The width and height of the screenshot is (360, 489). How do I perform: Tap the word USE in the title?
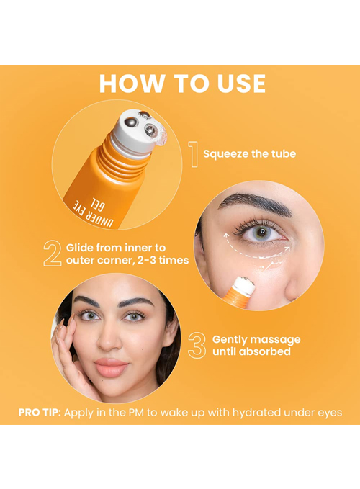tap(241, 84)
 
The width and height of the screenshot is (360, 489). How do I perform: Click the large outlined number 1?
tap(194, 154)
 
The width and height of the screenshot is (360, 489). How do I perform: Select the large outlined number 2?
tap(53, 254)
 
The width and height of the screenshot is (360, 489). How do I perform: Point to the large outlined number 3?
tap(197, 345)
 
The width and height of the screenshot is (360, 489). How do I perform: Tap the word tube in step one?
tap(284, 153)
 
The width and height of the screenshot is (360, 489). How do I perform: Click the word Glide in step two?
tap(80, 248)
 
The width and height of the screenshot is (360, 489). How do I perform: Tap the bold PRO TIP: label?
tap(40, 412)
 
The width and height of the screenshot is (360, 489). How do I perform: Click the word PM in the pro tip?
tap(136, 412)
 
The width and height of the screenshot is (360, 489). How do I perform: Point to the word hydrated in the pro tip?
tap(256, 412)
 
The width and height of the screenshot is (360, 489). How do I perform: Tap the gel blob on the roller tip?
tap(161, 136)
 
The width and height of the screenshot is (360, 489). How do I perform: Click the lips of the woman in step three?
tap(111, 367)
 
